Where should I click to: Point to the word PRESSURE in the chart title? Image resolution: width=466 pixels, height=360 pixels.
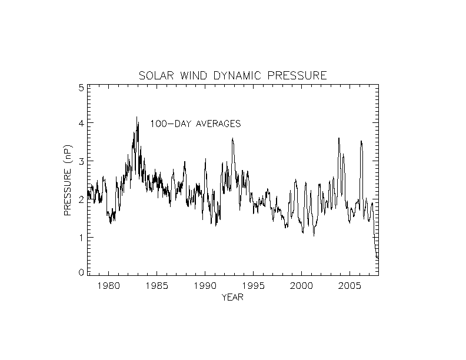(x=298, y=76)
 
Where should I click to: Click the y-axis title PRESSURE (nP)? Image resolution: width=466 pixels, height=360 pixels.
(x=68, y=179)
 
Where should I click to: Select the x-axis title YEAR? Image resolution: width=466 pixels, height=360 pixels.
(x=232, y=297)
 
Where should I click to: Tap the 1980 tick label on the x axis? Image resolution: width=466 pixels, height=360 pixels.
(x=108, y=286)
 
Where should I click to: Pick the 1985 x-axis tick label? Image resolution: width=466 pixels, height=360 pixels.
(x=157, y=286)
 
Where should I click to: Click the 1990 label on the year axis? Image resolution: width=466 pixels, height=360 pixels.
(x=205, y=286)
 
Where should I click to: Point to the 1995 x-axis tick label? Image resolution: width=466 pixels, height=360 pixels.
(x=253, y=286)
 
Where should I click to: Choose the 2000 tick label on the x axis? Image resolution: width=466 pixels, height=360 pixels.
(x=301, y=286)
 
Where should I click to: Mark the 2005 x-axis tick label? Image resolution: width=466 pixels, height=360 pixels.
(x=349, y=286)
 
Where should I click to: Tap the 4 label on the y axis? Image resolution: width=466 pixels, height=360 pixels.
(x=81, y=124)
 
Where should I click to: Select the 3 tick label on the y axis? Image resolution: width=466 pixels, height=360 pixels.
(x=81, y=161)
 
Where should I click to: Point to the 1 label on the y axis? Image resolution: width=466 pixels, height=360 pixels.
(x=81, y=237)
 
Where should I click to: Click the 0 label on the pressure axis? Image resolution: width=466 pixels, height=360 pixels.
(x=81, y=272)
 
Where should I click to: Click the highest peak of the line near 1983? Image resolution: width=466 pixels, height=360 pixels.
(x=137, y=117)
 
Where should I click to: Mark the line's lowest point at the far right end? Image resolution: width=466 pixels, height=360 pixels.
(x=377, y=258)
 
